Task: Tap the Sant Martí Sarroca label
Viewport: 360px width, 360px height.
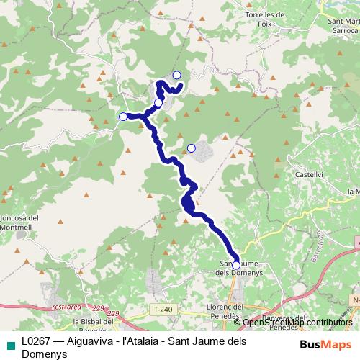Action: tap(344, 29)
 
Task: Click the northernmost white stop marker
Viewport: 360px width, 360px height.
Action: tap(176, 75)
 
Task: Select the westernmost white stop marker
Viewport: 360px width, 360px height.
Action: tap(123, 117)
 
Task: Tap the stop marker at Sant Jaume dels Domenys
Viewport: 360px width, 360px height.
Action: tap(236, 266)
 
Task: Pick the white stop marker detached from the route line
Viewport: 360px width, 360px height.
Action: tap(191, 148)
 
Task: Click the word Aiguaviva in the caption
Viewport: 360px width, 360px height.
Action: tap(96, 340)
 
